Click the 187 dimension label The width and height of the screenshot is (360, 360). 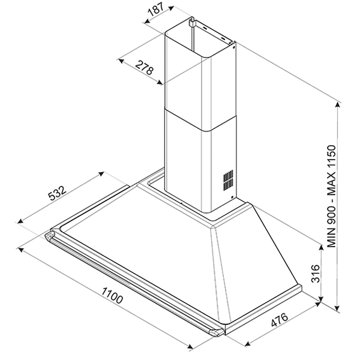click(156, 10)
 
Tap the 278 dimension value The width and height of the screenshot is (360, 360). click(144, 67)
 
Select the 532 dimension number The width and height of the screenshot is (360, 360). click(57, 193)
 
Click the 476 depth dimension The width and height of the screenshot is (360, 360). click(280, 320)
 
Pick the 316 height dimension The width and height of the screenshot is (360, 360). click(315, 274)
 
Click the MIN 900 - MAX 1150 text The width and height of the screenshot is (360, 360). click(332, 196)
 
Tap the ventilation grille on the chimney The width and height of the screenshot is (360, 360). click(228, 180)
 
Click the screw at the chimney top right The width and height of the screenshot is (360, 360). click(233, 47)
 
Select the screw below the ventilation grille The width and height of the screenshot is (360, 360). click(232, 197)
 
